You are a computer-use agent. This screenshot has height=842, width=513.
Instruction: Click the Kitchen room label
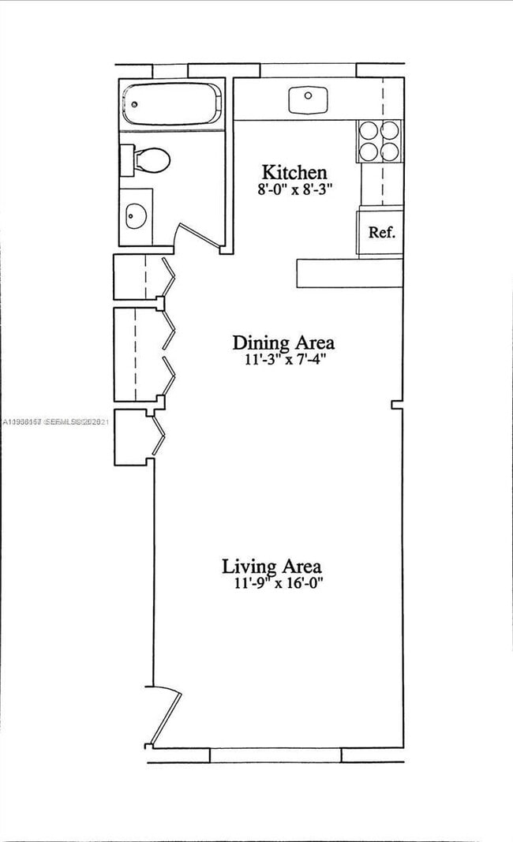[294, 172]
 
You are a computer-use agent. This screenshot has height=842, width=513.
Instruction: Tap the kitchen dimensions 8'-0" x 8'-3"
[294, 189]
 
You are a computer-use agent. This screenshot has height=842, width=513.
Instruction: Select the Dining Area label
[283, 342]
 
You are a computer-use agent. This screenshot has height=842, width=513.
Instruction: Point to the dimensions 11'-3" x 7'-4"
[283, 360]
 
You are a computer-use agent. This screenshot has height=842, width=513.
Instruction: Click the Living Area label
[271, 566]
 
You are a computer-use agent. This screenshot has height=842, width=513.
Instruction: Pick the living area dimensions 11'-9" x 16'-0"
[274, 583]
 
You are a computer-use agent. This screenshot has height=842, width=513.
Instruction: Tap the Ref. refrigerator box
[381, 233]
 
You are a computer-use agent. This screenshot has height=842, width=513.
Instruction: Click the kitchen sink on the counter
[308, 100]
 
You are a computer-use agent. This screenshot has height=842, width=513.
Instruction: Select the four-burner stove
[378, 140]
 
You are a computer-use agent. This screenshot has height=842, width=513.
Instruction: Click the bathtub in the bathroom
[170, 103]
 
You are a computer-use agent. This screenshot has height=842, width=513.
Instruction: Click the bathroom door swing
[197, 235]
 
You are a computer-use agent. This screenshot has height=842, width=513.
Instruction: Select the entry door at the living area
[163, 717]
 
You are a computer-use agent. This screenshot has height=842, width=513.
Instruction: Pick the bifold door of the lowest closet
[158, 435]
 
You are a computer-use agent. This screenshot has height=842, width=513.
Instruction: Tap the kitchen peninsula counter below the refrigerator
[350, 273]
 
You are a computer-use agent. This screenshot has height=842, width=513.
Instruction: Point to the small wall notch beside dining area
[397, 404]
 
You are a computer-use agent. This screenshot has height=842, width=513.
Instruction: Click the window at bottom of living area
[275, 755]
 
